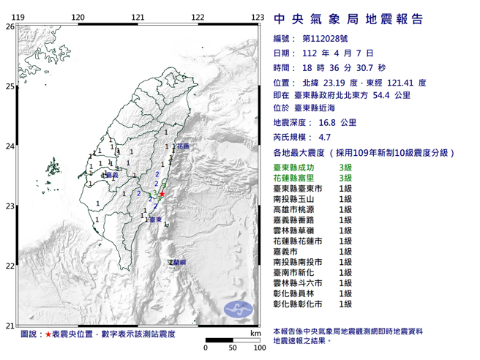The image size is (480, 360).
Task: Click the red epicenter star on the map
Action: tap(162, 194)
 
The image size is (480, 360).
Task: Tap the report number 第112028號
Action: tap(321, 39)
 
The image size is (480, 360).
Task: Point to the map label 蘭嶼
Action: tap(178, 261)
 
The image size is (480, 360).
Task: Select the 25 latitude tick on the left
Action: tap(10, 86)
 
